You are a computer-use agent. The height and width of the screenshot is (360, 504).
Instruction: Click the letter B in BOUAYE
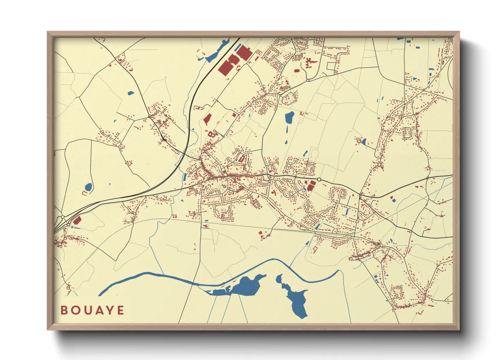pos(64,310)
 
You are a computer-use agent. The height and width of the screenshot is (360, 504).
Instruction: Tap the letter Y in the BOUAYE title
pos(110,310)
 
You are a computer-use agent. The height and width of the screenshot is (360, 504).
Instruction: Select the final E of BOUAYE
pos(121,310)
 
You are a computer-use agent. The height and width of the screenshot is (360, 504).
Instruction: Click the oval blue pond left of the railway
pos(88,187)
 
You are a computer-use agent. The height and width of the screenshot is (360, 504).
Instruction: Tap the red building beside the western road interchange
pos(77,220)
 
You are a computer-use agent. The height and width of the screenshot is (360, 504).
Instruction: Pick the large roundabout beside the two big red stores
pos(319,179)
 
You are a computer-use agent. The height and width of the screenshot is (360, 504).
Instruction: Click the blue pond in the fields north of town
pos(289,117)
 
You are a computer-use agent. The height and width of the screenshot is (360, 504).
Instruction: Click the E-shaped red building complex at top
pos(310,63)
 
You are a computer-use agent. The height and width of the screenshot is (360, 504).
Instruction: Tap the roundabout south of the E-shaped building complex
pos(308,80)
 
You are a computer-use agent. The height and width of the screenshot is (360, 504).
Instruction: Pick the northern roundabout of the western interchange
pos(63,217)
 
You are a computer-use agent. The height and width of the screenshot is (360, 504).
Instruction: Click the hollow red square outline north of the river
pos(314,249)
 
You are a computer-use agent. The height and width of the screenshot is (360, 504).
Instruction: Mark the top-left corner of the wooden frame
pos(48,32)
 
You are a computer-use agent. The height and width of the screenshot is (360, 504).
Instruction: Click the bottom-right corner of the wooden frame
pos(459,329)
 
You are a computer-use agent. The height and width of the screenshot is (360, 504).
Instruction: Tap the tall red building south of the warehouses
pos(207,119)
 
